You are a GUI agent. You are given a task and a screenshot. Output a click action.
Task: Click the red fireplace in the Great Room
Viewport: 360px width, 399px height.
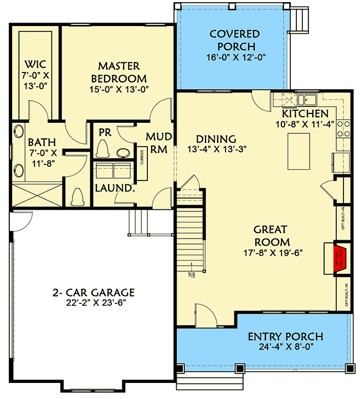(335, 258)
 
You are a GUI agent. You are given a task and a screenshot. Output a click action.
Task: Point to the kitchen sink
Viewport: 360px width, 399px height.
(307, 100)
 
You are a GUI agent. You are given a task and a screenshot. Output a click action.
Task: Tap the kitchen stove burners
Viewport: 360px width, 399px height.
(344, 128)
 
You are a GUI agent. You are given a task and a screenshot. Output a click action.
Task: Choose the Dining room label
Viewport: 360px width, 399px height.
(215, 139)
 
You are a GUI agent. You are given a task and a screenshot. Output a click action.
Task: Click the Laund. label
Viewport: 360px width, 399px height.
(115, 188)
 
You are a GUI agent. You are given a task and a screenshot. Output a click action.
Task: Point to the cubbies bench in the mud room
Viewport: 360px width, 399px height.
(142, 163)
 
